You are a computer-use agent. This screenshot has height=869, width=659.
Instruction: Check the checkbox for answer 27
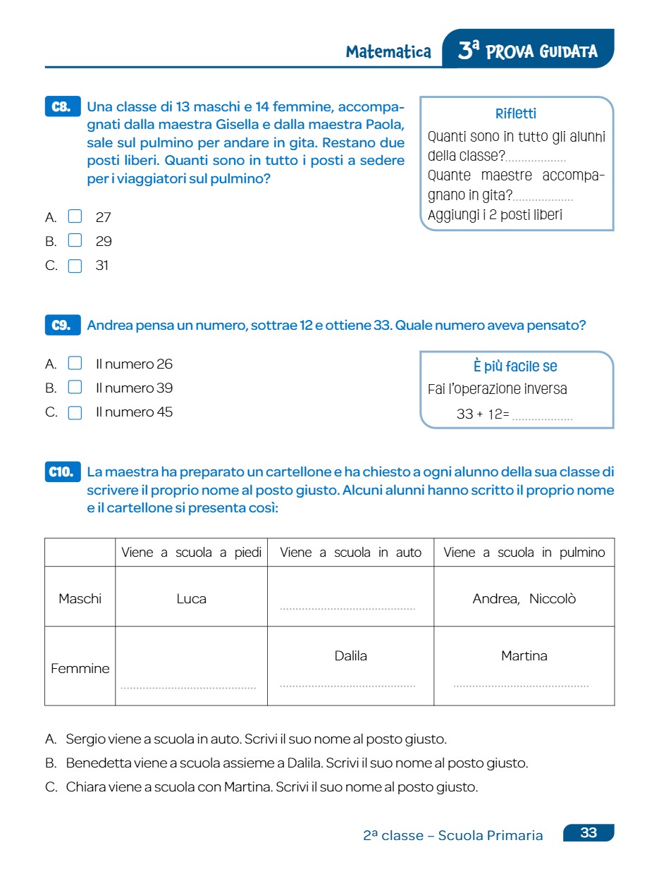pos(75,216)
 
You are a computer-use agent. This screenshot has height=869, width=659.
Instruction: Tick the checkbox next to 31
pos(75,266)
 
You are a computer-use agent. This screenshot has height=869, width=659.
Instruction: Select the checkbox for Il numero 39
pos(75,388)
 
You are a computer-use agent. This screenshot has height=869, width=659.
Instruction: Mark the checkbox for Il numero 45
pos(75,412)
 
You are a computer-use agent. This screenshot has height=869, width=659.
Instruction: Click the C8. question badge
pos(62,107)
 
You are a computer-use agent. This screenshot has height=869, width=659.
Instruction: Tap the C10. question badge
pos(62,472)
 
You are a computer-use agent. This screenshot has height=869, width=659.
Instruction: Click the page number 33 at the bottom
pos(589,833)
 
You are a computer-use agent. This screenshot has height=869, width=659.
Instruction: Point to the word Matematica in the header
pos(388,51)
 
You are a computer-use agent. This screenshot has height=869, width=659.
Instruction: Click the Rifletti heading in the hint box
pos(516,113)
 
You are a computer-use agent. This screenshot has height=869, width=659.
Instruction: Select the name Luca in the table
pos(191,599)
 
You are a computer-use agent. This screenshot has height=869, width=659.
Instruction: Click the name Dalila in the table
pos(350,655)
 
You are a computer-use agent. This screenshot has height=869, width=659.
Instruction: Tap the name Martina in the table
pos(524,655)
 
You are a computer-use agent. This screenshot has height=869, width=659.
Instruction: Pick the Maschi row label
pos(80,599)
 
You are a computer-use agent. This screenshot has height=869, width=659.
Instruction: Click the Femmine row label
pos(80,668)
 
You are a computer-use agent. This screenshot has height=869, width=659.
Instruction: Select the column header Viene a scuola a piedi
pos(191,553)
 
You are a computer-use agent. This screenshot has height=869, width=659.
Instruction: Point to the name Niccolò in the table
pos(553,599)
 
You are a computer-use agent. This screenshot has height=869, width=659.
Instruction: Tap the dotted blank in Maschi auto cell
pos(347,608)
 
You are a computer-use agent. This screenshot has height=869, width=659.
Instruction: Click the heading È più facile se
pos(516,366)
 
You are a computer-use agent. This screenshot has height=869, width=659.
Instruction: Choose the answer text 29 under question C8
pos(104,242)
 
